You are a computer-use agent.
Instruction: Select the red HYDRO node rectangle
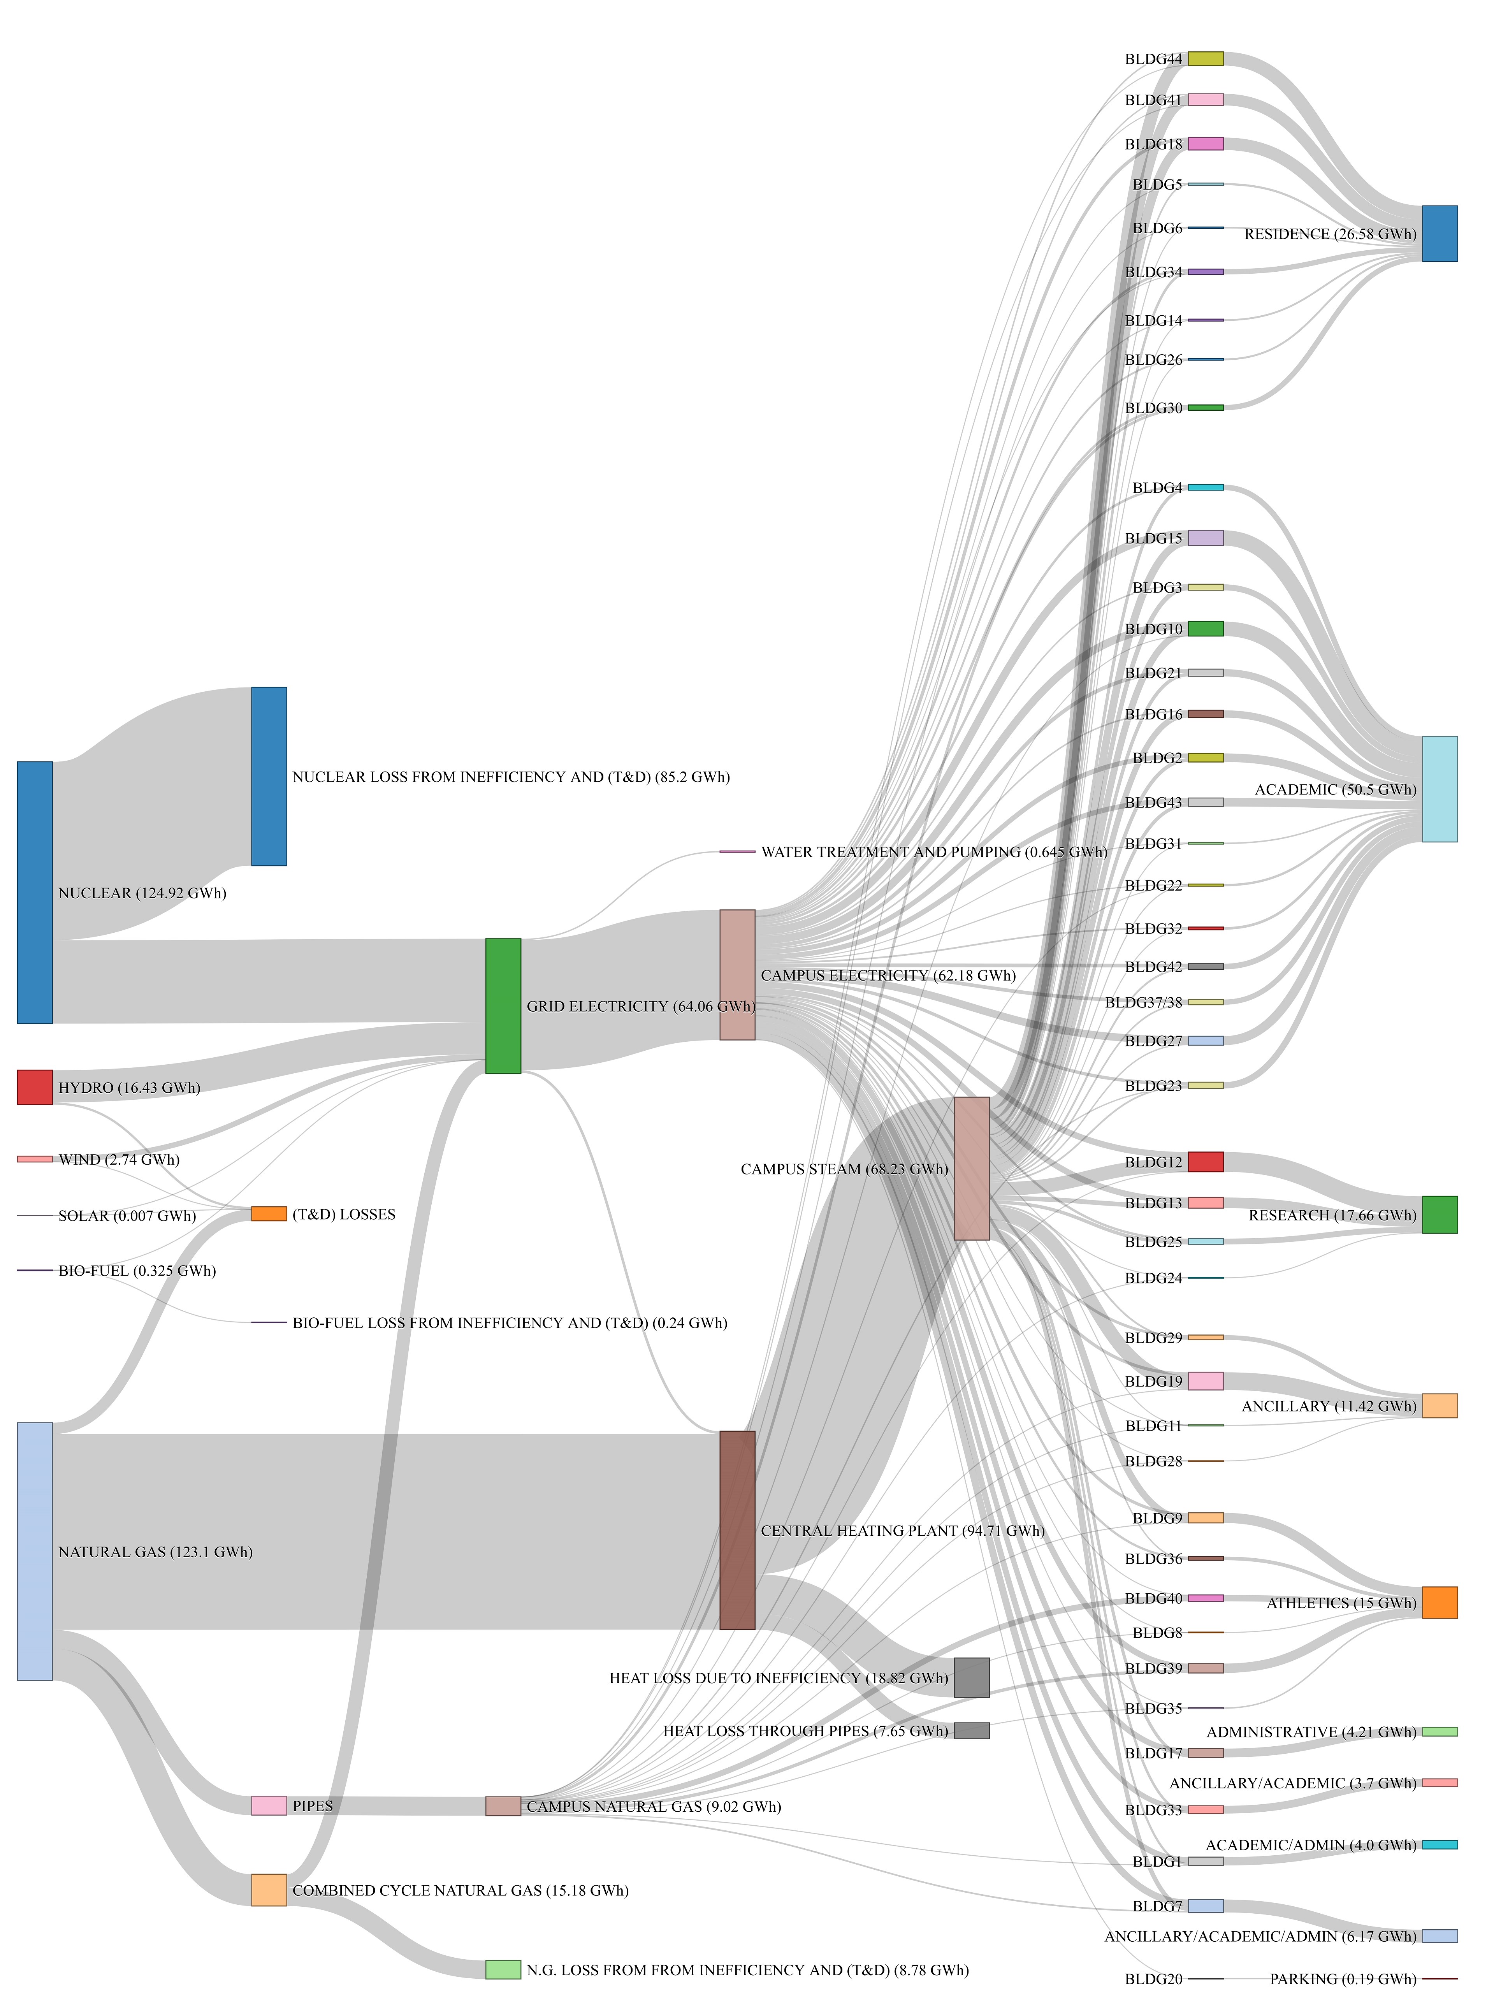click(34, 1086)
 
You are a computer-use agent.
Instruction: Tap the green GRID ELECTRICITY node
click(503, 1006)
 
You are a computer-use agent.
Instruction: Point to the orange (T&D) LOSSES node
click(268, 1213)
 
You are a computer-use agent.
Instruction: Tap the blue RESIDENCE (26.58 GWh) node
click(1439, 233)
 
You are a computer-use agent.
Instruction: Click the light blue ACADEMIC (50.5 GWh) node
click(1439, 789)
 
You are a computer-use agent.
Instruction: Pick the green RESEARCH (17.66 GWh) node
click(1439, 1215)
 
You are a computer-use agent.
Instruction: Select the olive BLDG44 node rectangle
click(1205, 58)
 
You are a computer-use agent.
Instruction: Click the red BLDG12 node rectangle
click(1205, 1161)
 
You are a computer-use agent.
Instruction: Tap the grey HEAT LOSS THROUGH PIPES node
click(971, 1730)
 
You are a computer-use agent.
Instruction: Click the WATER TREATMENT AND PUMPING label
click(933, 852)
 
